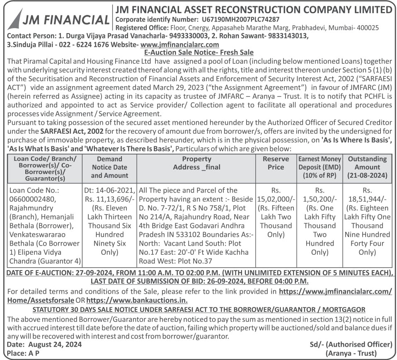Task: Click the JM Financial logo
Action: click(58, 19)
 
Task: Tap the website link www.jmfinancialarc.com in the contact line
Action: click(180, 44)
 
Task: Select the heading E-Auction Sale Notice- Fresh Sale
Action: click(198, 53)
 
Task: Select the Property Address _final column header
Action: click(196, 163)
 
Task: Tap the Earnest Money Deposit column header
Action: click(320, 167)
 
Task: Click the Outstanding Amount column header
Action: click(367, 167)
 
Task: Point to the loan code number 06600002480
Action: click(28, 199)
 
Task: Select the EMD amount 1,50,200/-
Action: click(320, 199)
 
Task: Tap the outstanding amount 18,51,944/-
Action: click(367, 199)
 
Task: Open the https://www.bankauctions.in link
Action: click(137, 300)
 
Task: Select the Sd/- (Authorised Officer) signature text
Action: click(351, 344)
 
